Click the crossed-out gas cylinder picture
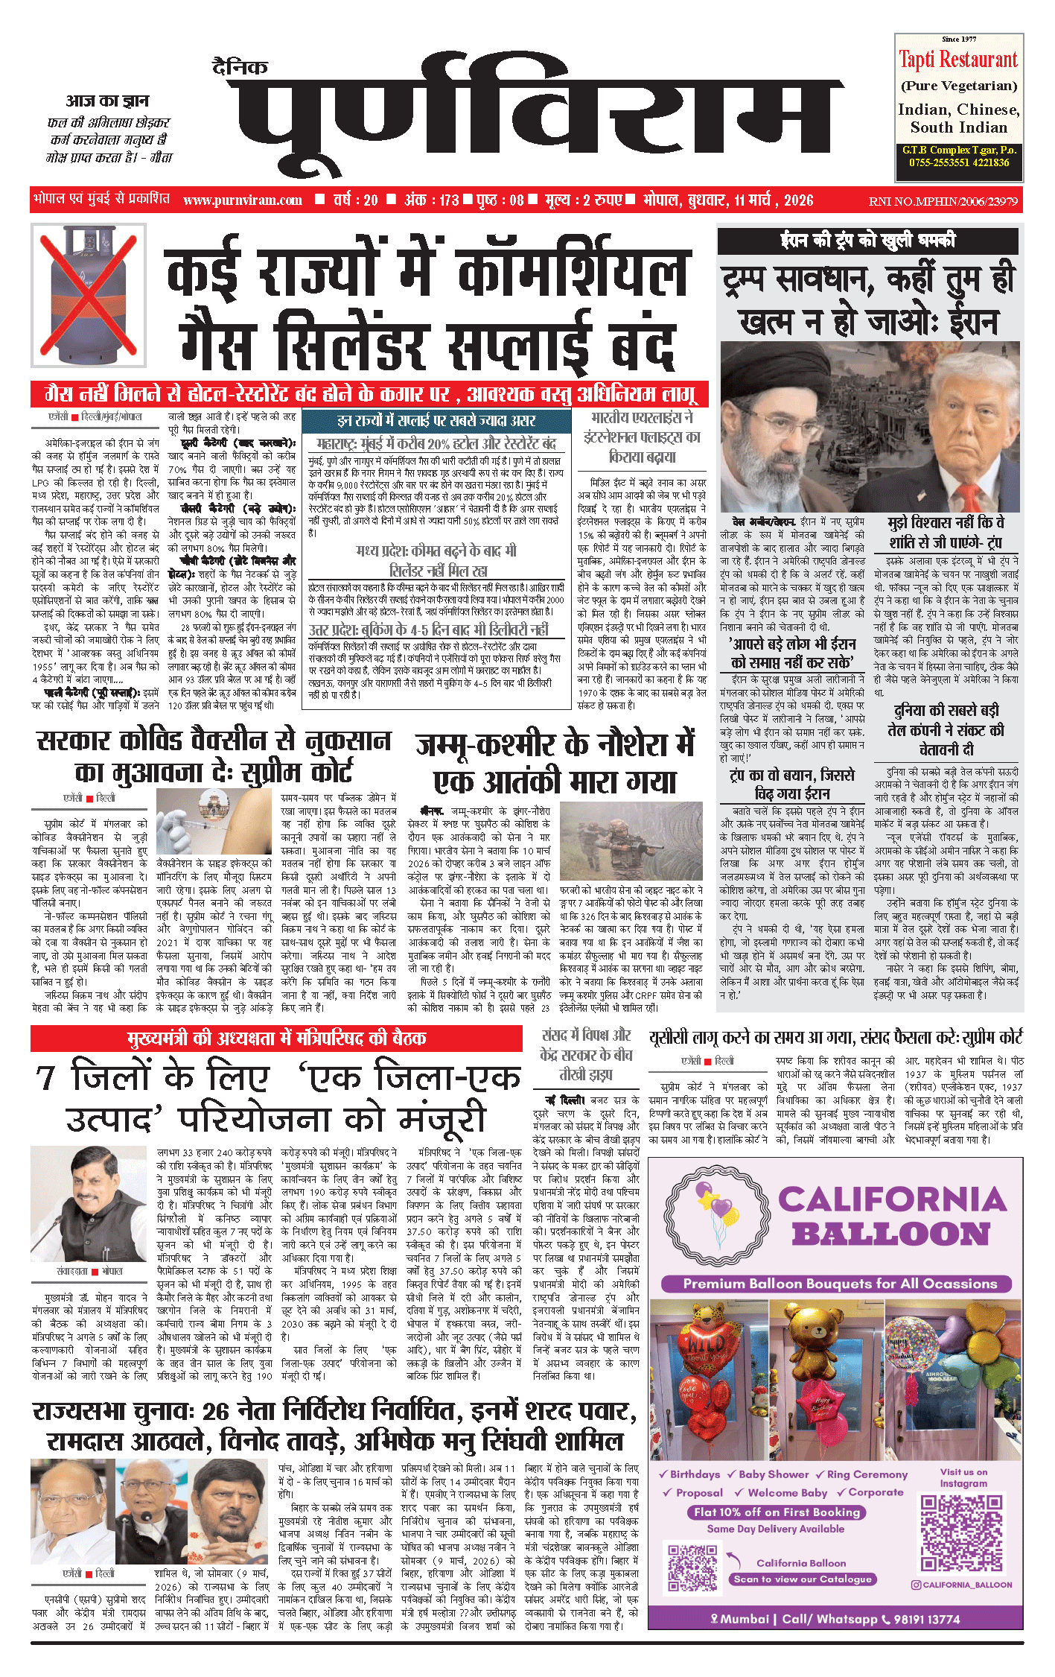click(x=88, y=296)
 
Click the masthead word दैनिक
click(x=240, y=67)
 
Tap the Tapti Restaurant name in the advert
click(x=958, y=60)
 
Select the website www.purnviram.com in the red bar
click(x=243, y=200)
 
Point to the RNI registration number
click(x=943, y=201)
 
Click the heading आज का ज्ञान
click(x=107, y=101)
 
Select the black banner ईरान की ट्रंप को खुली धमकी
click(x=867, y=241)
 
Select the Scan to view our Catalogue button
click(x=801, y=1579)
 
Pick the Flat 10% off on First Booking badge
click(x=777, y=1512)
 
